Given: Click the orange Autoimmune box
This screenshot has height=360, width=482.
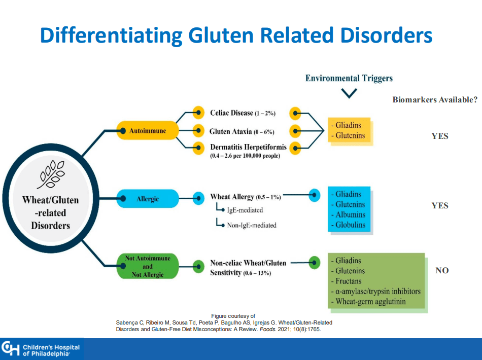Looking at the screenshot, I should click(x=148, y=131).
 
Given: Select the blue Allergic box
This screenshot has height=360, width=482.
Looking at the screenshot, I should click(x=148, y=199).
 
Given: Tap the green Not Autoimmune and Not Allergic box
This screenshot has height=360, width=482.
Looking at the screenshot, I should click(x=147, y=266).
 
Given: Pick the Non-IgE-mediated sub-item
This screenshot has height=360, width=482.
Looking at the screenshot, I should click(x=251, y=225).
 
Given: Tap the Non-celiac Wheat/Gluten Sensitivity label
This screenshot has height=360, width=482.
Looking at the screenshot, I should click(x=248, y=268).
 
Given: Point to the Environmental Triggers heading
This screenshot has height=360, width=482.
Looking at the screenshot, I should click(x=349, y=78).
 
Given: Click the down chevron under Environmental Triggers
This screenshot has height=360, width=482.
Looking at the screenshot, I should click(x=349, y=93).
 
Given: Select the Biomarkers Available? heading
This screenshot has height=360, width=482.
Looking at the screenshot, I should click(x=435, y=100).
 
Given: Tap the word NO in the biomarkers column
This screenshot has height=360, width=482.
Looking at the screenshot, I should click(x=442, y=271).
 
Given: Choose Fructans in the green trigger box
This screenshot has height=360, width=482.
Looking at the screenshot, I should click(x=349, y=281).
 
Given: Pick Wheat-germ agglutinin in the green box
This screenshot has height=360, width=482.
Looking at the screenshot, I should click(x=370, y=302).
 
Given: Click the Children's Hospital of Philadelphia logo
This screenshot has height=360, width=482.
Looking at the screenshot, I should click(x=42, y=349).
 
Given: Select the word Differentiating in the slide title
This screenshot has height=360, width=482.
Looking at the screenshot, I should click(x=111, y=35).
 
